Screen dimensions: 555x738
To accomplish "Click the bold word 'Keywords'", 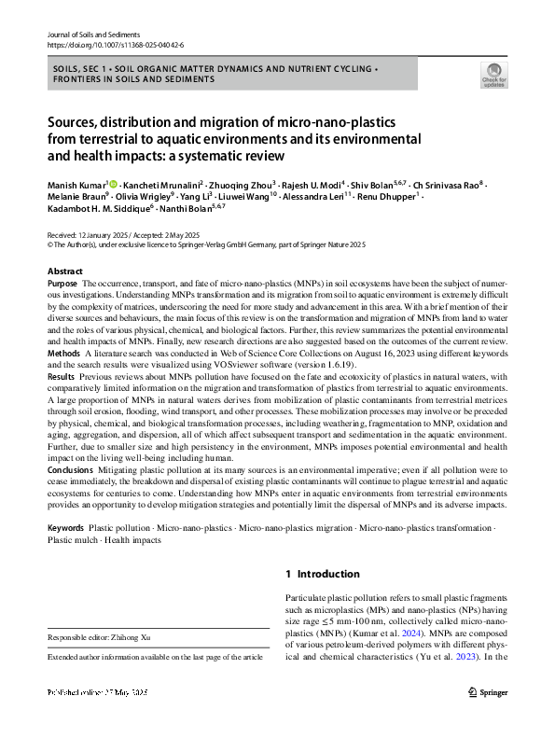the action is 66,528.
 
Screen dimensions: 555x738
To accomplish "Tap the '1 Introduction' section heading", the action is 321,574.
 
